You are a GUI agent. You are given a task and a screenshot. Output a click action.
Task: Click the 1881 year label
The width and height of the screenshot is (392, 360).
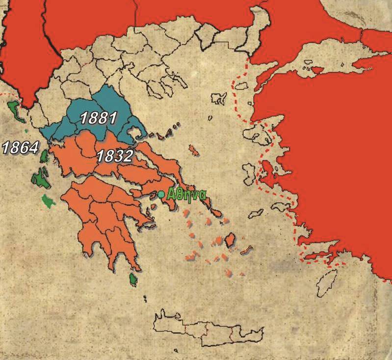pyautogui.click(x=99, y=118)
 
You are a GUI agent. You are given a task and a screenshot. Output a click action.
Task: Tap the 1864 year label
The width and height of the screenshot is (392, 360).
pyautogui.click(x=20, y=147)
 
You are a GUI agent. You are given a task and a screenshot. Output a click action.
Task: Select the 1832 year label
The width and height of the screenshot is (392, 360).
pyautogui.click(x=114, y=156)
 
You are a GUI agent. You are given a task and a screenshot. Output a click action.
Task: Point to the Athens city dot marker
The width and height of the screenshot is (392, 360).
pyautogui.click(x=161, y=194)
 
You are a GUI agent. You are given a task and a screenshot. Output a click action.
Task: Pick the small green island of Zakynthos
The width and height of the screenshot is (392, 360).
pyautogui.click(x=48, y=200)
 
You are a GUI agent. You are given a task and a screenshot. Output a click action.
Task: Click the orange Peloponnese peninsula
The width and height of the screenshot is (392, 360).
pyautogui.click(x=103, y=216)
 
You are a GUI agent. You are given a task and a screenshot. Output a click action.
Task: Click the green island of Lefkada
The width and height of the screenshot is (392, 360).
pyautogui.click(x=44, y=157)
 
